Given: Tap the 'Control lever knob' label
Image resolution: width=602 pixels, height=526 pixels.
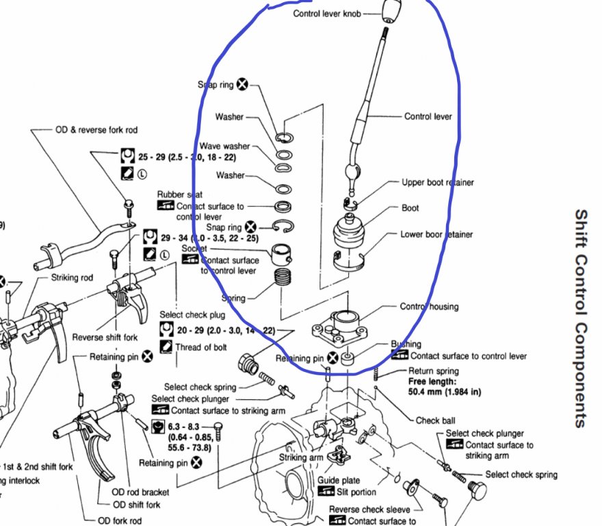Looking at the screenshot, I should [326, 14].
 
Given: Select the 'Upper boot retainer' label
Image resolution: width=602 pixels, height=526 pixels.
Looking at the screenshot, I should [437, 183].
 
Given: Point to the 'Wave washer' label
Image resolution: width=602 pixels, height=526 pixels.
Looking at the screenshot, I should [224, 147].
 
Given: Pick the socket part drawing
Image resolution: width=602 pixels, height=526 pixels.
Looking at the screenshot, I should [283, 255].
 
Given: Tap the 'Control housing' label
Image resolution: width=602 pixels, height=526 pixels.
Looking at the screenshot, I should [429, 307].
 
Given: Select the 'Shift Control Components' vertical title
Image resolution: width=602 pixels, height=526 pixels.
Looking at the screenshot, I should [581, 318].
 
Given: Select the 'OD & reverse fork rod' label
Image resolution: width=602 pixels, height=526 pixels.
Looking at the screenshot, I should [90, 129].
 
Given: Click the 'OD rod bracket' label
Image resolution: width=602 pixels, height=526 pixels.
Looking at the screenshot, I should [140, 492].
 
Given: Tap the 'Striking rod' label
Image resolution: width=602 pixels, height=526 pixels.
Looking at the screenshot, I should [73, 278].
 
